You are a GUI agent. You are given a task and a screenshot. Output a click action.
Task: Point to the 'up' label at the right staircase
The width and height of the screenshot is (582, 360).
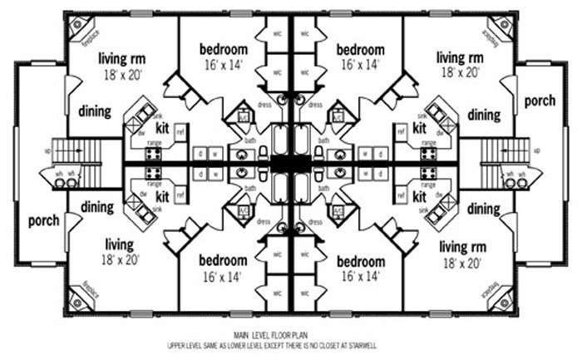coord(536,150)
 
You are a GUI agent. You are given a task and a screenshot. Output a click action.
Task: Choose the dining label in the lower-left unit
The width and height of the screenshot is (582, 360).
coord(96,208)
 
